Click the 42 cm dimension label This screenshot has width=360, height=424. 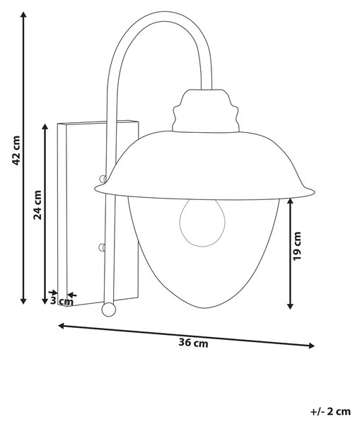coord(16,151)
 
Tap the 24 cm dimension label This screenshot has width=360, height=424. coord(37,205)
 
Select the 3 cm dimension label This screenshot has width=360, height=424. coord(62,301)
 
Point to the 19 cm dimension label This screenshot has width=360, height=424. coord(297,246)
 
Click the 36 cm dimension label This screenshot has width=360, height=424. coord(193,343)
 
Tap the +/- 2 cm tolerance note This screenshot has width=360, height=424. coord(330,411)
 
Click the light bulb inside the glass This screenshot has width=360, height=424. coord(202,223)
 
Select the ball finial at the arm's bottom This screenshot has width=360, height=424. coord(108,310)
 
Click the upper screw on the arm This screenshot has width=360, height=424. coord(103,179)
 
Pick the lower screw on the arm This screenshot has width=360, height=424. coord(102,247)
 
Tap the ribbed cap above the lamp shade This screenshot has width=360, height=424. coord(206,111)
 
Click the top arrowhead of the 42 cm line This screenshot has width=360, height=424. coord(23,15)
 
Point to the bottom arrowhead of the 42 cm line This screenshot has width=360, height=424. coord(23,301)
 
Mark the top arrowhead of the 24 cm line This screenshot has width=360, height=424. coord(45,127)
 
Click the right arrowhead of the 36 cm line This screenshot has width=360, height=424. coord(311,346)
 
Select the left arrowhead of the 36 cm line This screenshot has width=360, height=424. coord(62,326)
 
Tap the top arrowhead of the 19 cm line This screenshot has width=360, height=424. coord(290,201)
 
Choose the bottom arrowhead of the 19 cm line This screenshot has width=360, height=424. coord(290,305)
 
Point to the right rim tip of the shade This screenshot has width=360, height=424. coord(314,192)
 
